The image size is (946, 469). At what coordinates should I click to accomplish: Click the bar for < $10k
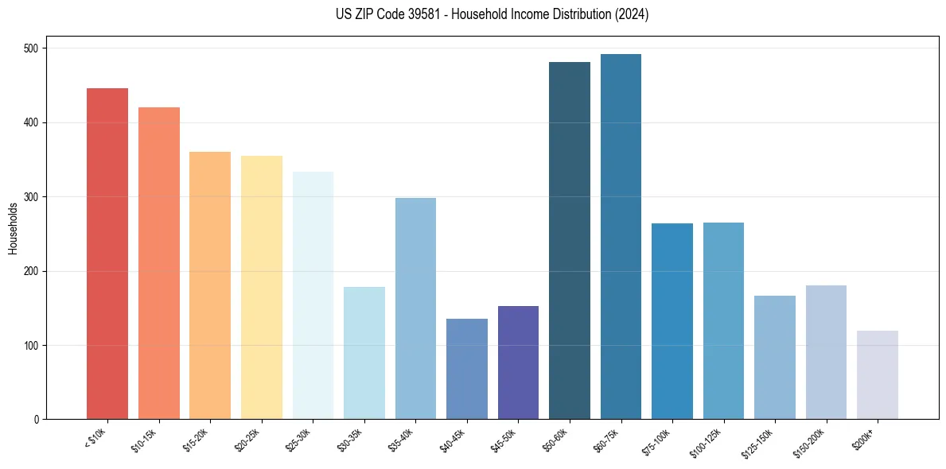click(x=107, y=254)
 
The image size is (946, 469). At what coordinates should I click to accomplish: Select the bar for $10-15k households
click(x=158, y=263)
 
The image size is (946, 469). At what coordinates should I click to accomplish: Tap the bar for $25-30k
click(x=313, y=295)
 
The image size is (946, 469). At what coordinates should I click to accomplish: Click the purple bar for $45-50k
click(x=518, y=362)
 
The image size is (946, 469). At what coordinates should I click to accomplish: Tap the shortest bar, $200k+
click(x=878, y=375)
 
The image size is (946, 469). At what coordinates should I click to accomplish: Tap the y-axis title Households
click(x=13, y=228)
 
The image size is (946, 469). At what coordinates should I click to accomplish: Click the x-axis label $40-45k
click(x=453, y=440)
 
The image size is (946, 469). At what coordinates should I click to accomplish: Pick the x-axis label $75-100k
click(x=656, y=440)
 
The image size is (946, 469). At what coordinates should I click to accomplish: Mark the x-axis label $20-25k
click(x=247, y=440)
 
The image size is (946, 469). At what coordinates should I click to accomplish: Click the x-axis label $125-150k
click(x=758, y=442)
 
